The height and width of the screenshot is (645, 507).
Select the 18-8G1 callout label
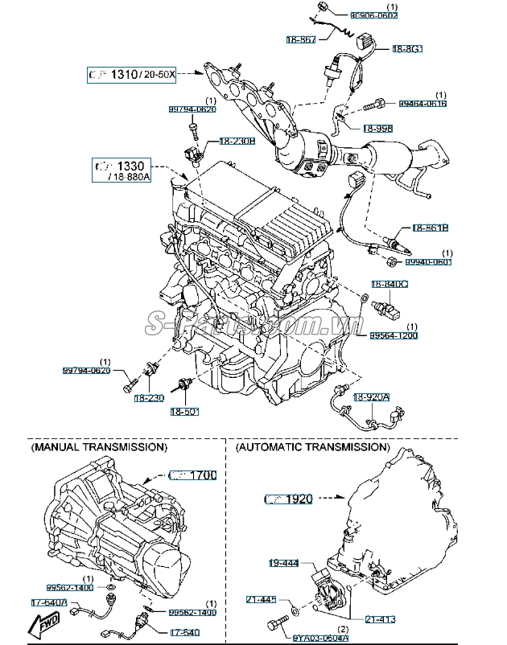[x=407, y=49]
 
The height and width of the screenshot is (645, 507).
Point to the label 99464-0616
[x=422, y=104]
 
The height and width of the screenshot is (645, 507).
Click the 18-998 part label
[x=377, y=128]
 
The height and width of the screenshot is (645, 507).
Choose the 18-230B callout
[x=237, y=141]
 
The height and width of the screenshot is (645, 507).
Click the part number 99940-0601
[x=428, y=262]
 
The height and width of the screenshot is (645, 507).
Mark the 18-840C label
[x=389, y=285]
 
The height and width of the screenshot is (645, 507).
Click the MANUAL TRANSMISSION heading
[x=98, y=446]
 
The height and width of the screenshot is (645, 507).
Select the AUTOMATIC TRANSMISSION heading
[x=312, y=446]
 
